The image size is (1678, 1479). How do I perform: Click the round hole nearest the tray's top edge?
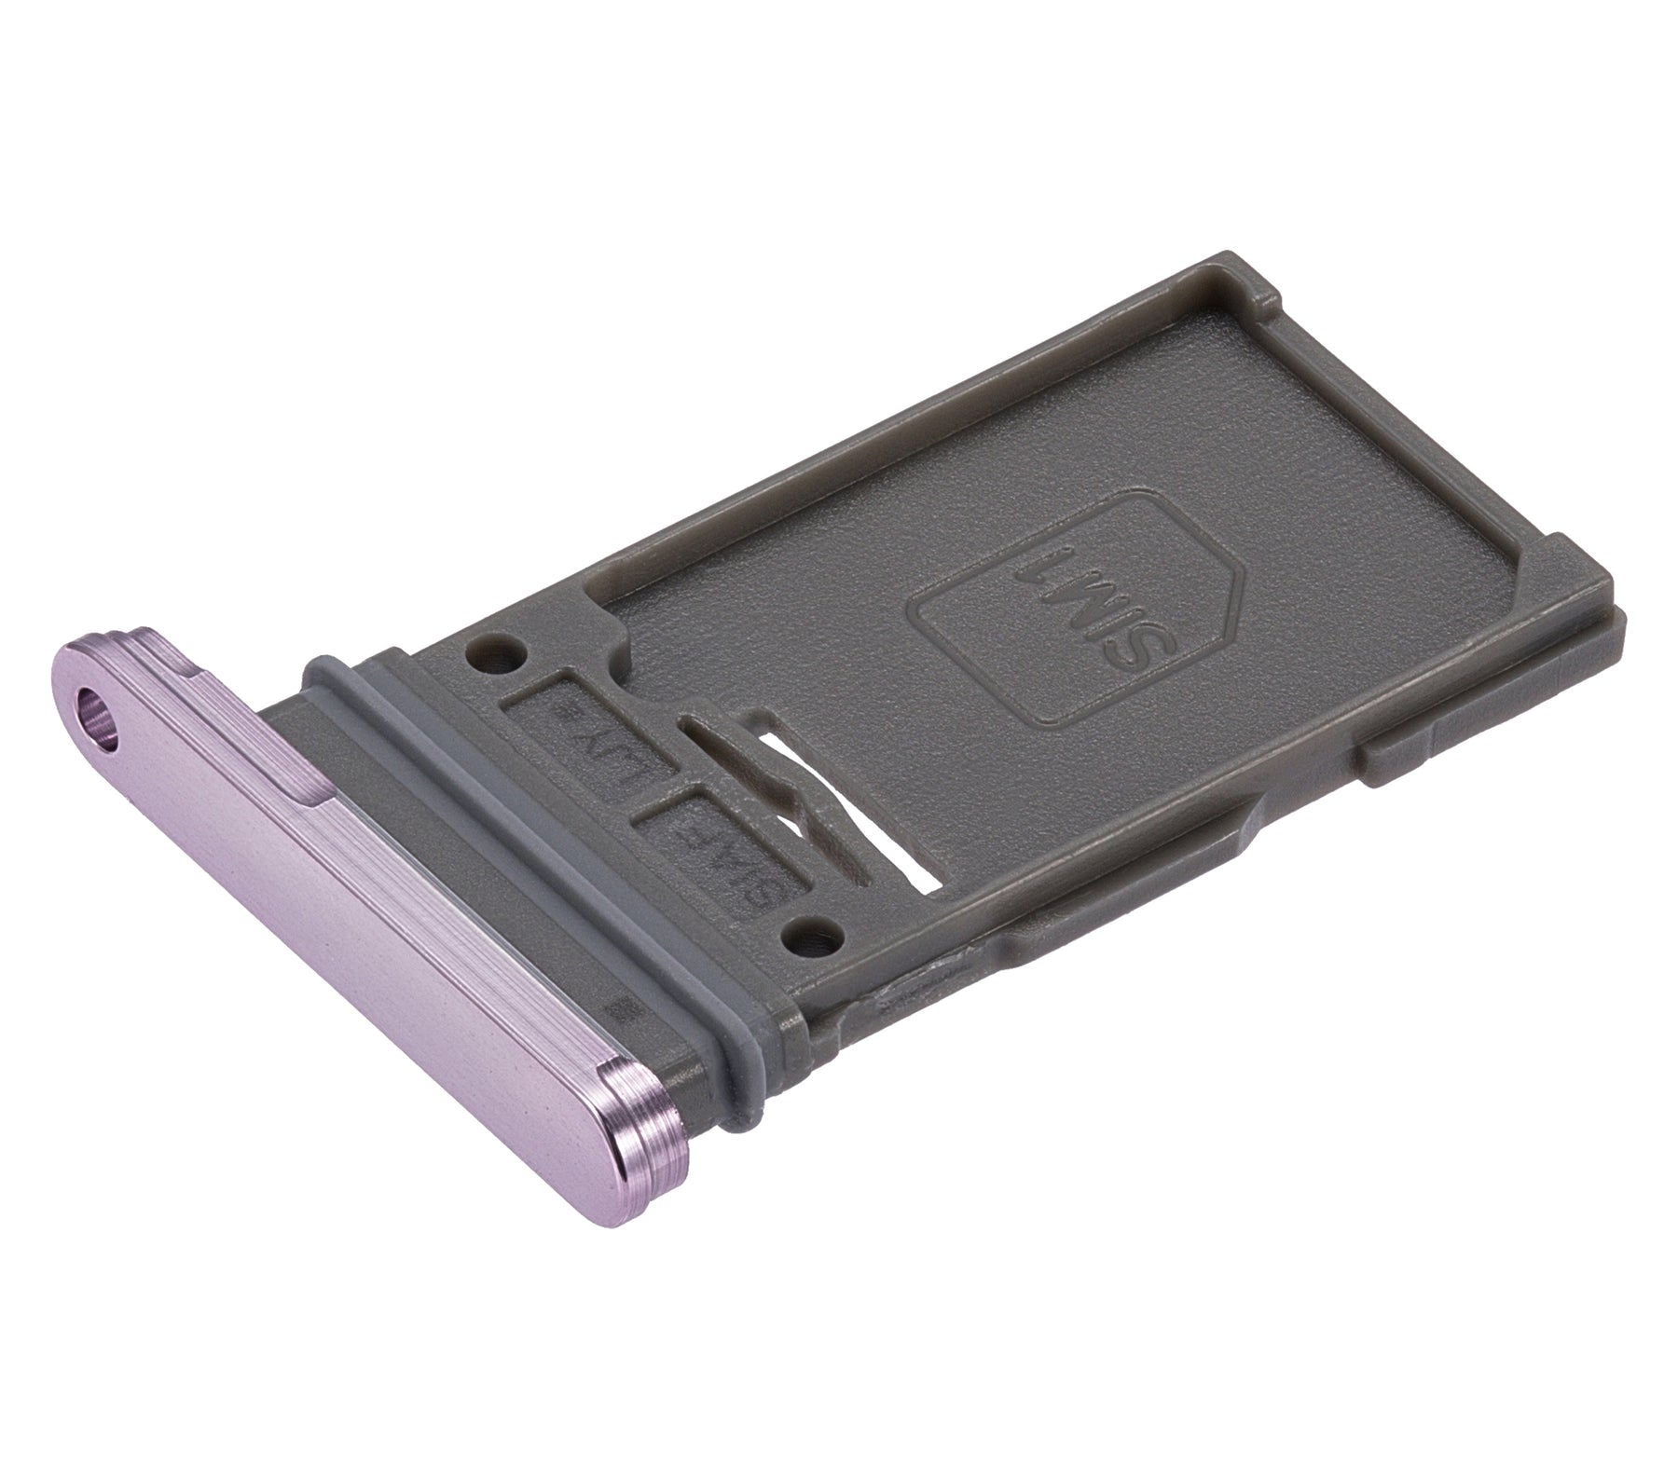tap(493, 650)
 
